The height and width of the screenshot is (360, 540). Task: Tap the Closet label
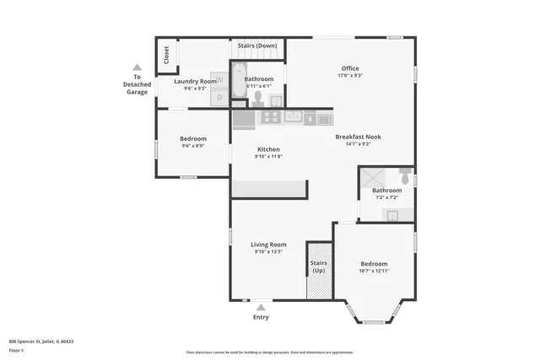[166, 56]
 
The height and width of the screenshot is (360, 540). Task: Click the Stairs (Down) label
[257, 45]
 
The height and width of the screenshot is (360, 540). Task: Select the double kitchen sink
[294, 116]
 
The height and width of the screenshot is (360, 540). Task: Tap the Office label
[350, 68]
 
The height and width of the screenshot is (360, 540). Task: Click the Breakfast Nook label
[359, 137]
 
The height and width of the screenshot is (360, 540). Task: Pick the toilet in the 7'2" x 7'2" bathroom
[406, 178]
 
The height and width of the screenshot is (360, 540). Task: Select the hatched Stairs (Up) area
[319, 270]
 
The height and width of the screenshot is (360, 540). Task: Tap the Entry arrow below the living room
[261, 308]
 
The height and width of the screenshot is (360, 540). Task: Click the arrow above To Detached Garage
[136, 67]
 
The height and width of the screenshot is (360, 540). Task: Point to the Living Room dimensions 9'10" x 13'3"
[268, 252]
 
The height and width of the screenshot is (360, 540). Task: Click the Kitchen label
[268, 149]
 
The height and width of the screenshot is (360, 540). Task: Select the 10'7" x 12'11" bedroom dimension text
[374, 271]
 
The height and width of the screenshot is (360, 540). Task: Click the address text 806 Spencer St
[41, 341]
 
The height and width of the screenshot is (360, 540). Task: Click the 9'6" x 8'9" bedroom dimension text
[193, 146]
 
